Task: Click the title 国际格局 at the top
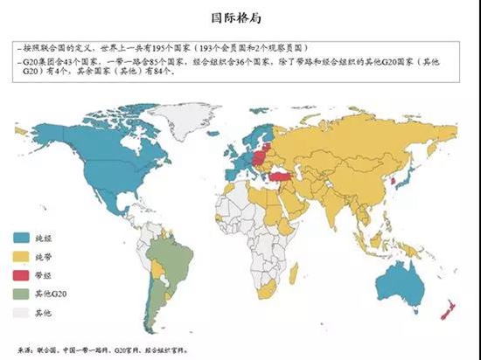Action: coord(240,17)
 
